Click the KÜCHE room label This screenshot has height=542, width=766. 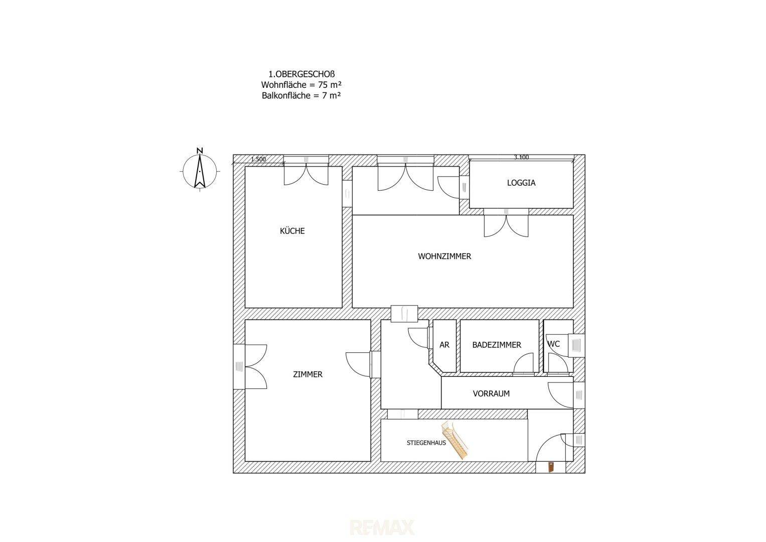point(292,231)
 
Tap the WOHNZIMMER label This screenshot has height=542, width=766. point(444,256)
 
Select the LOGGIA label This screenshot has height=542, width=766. point(521,183)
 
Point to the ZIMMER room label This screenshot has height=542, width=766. point(308,374)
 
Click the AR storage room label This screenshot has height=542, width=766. point(444,345)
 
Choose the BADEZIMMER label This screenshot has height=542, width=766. point(497,345)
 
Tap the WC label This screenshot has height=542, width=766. point(554,344)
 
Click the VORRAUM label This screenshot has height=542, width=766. point(491,393)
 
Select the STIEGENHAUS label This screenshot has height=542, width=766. point(426,443)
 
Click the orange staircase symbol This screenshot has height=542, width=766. point(455,440)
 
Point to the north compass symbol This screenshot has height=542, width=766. point(200,170)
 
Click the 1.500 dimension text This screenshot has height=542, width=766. point(258,159)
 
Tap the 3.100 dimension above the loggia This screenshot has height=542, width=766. point(521,158)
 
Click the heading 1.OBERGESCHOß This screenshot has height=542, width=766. point(301,74)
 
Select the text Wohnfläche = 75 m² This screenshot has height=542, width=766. point(301,84)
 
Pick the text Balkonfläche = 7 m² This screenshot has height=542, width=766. point(301,95)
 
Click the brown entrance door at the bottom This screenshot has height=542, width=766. point(551,467)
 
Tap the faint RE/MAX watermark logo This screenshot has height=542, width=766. point(382,527)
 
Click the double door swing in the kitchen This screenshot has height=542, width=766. point(306,175)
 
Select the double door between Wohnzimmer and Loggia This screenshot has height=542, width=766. point(506,226)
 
